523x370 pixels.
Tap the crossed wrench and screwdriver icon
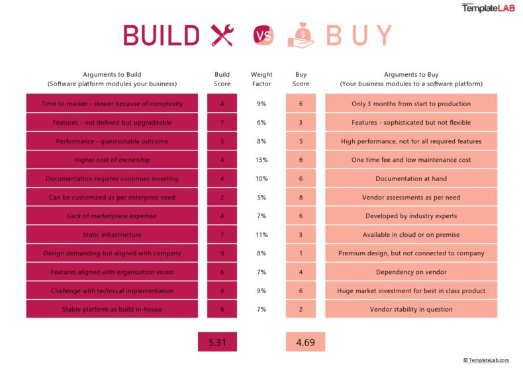[222, 35]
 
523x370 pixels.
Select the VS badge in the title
[263, 35]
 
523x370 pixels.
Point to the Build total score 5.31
[217, 342]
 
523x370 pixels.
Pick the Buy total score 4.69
[305, 342]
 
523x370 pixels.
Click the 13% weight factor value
[261, 160]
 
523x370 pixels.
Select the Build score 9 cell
[222, 253]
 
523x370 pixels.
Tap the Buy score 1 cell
[301, 253]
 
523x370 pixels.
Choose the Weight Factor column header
[261, 80]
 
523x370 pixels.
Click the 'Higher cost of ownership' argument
[112, 160]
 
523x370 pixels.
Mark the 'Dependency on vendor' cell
[411, 272]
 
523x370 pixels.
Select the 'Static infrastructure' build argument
[112, 235]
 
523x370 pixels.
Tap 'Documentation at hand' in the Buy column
[411, 178]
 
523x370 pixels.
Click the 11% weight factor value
[261, 235]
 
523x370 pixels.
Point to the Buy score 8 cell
[301, 197]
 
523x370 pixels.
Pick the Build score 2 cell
[222, 197]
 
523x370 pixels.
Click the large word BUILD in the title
[162, 35]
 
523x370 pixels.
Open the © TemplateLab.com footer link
[486, 360]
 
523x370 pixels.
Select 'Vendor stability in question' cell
[411, 309]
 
